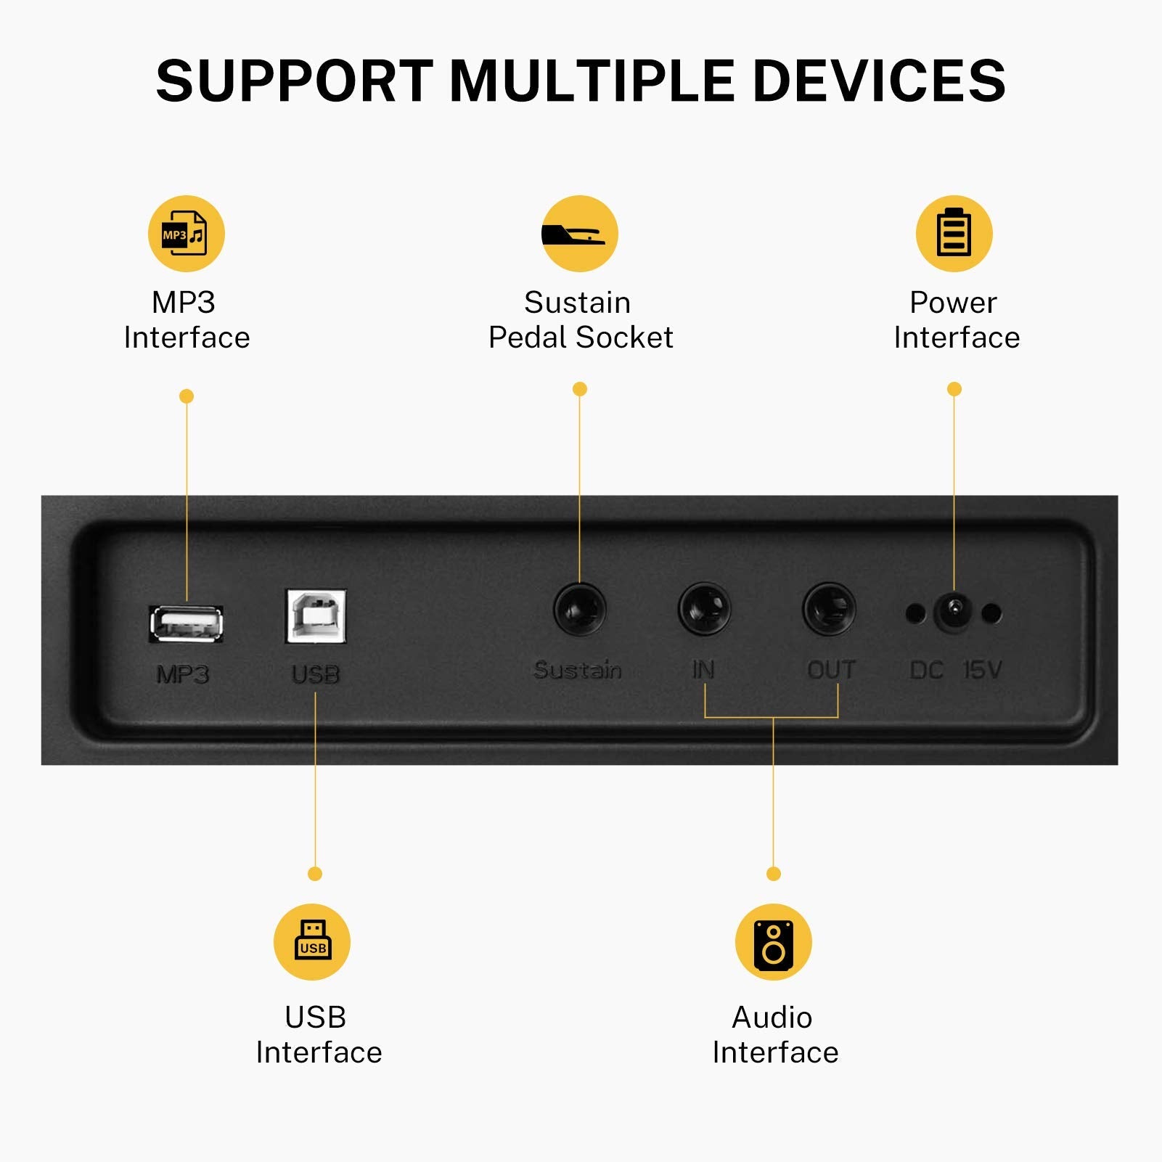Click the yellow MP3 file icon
click(x=187, y=234)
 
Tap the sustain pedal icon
click(x=579, y=234)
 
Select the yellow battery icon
click(x=954, y=234)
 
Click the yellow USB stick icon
click(x=312, y=942)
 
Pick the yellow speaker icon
click(x=774, y=942)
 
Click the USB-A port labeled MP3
click(x=186, y=623)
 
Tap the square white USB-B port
click(x=316, y=616)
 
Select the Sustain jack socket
click(x=580, y=610)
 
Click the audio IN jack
click(x=704, y=610)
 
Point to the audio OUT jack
click(x=829, y=610)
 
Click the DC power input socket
click(x=954, y=613)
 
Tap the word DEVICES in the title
click(x=880, y=81)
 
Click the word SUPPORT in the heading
click(x=295, y=81)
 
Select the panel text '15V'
click(x=983, y=669)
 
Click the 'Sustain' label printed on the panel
click(x=578, y=669)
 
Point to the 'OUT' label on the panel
click(x=832, y=669)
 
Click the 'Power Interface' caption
click(x=956, y=320)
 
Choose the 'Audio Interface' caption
click(x=774, y=1034)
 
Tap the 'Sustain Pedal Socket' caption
click(x=581, y=320)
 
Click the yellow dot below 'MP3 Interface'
click(x=187, y=396)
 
